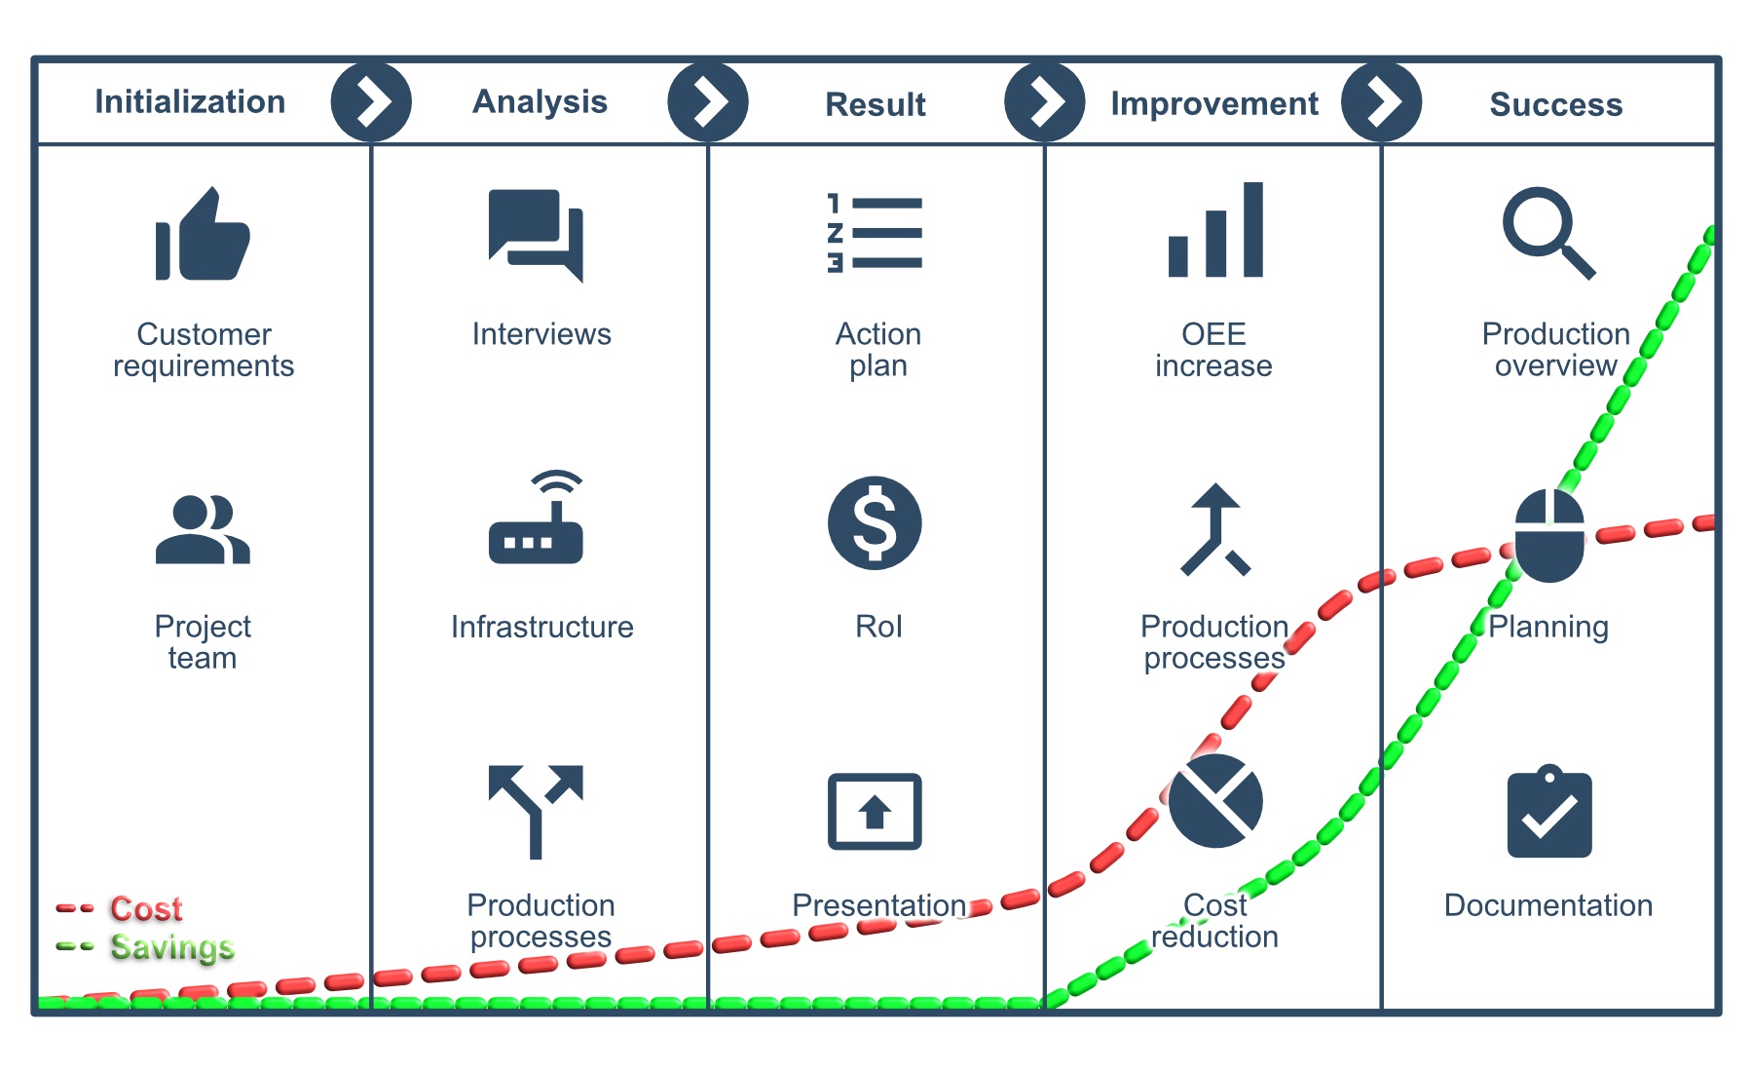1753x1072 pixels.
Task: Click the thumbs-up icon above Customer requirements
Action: pyautogui.click(x=203, y=234)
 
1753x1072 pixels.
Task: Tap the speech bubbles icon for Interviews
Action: pyautogui.click(x=537, y=235)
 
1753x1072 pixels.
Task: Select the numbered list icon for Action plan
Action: pyautogui.click(x=875, y=233)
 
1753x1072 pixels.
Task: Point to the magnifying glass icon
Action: pyautogui.click(x=1548, y=233)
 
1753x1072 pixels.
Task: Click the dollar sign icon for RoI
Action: pyautogui.click(x=875, y=523)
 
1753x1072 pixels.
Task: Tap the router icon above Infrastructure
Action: pyautogui.click(x=536, y=517)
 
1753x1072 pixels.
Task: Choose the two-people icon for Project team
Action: pyautogui.click(x=203, y=529)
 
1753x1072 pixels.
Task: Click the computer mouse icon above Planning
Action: pyautogui.click(x=1549, y=535)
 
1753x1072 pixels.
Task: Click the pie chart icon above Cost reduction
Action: pyautogui.click(x=1215, y=800)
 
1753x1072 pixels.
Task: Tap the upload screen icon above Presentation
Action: pyautogui.click(x=875, y=812)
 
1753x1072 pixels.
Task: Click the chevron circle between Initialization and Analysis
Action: pyautogui.click(x=371, y=101)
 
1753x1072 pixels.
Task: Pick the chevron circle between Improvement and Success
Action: pyautogui.click(x=1381, y=101)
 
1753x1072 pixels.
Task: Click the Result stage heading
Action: pyautogui.click(x=876, y=104)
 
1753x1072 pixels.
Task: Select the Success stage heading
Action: pyautogui.click(x=1556, y=104)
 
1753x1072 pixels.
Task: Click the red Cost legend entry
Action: pyautogui.click(x=119, y=908)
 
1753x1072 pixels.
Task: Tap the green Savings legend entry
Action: pyautogui.click(x=145, y=947)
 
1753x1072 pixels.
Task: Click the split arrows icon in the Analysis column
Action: pyautogui.click(x=536, y=812)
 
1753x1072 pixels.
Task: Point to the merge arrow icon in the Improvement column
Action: pyautogui.click(x=1215, y=529)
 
